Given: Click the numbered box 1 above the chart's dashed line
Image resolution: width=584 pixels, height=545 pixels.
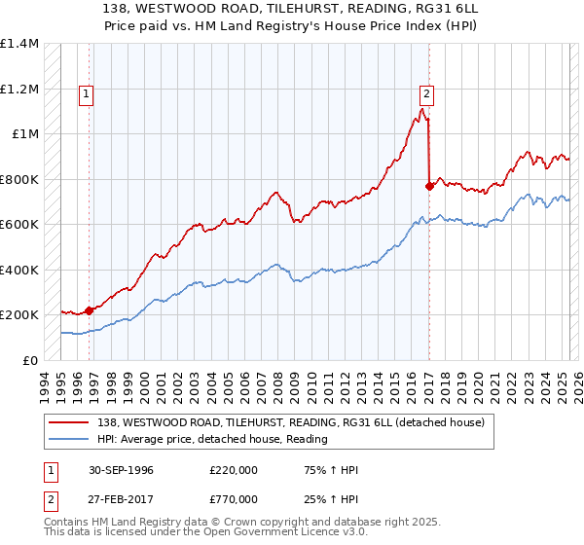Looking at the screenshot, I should pos(87,94).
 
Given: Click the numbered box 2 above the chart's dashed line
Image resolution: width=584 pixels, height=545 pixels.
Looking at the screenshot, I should pos(426,94).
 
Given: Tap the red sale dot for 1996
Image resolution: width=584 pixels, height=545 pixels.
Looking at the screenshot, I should pos(89,310).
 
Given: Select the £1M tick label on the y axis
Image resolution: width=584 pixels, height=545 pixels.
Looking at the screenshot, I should pos(24,134).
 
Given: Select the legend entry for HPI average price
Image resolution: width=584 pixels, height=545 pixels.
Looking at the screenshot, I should pos(211,439).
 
